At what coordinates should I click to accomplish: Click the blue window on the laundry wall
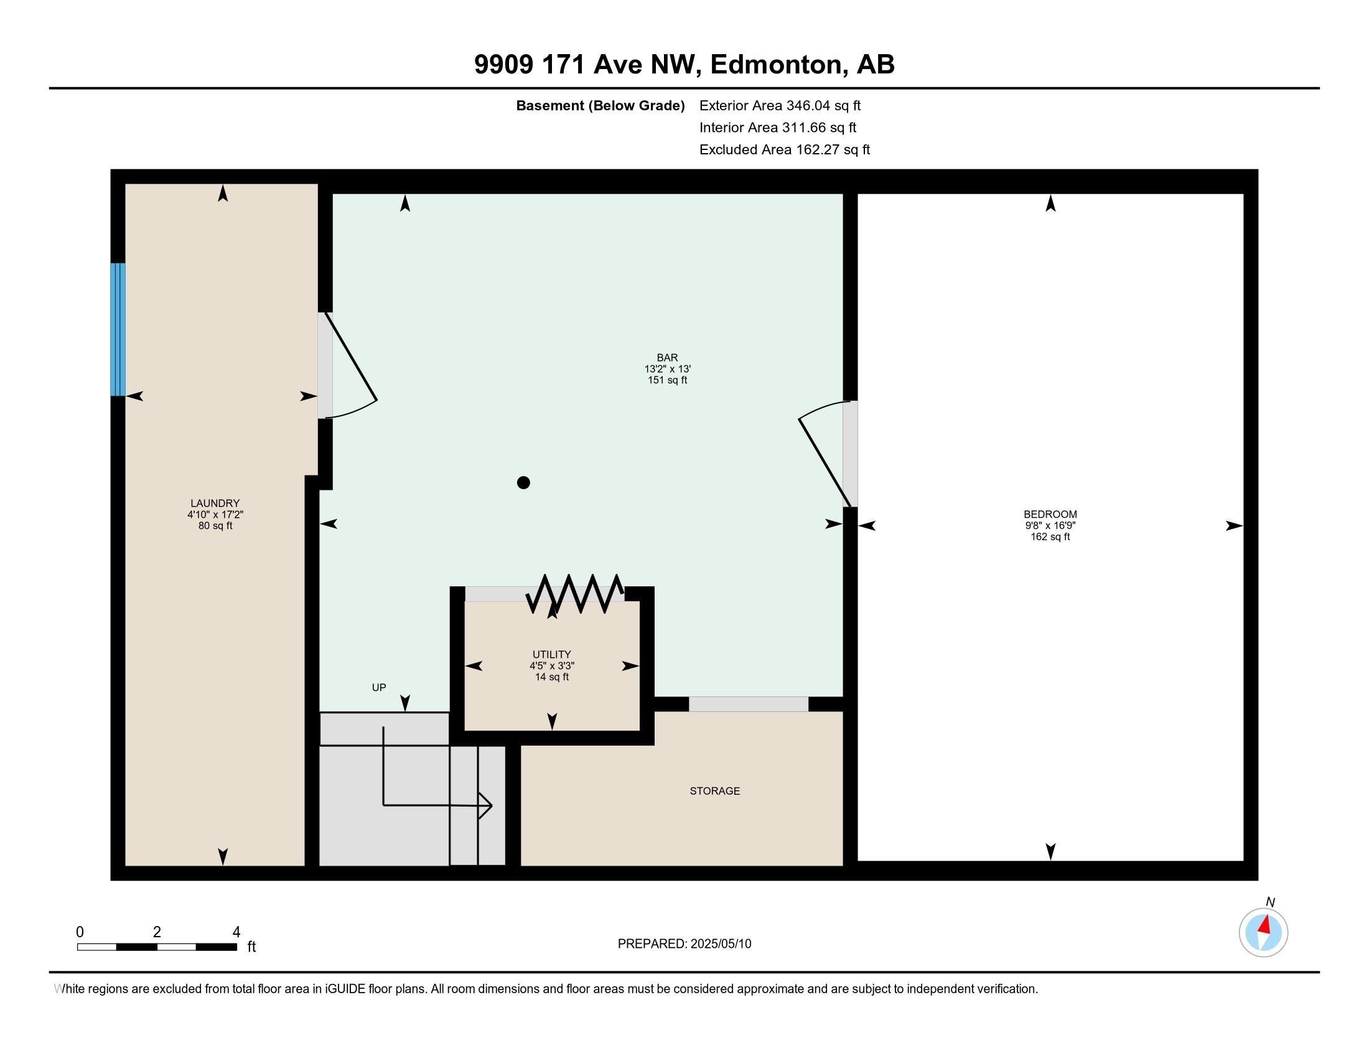coord(118,329)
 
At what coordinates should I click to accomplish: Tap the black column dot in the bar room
coord(523,482)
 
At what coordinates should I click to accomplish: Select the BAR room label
coord(667,358)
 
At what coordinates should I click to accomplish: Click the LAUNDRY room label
coord(215,503)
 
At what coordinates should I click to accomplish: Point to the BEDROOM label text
coord(1050,514)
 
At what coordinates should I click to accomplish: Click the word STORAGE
coord(714,791)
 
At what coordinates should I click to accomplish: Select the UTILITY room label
coord(551,654)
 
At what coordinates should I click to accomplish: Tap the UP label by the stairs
coord(378,688)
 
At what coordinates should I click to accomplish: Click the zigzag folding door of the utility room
coord(575,594)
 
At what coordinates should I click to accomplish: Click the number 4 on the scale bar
coord(236,932)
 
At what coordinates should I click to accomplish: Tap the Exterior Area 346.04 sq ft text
coord(780,105)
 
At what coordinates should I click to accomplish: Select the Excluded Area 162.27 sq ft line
coord(784,149)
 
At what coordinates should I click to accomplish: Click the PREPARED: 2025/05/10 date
coord(684,944)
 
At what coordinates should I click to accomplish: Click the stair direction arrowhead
coord(486,805)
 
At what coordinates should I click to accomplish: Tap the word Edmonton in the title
coord(775,65)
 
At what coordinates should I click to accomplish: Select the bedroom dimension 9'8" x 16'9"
coord(1050,526)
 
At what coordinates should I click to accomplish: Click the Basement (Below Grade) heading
coord(600,105)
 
